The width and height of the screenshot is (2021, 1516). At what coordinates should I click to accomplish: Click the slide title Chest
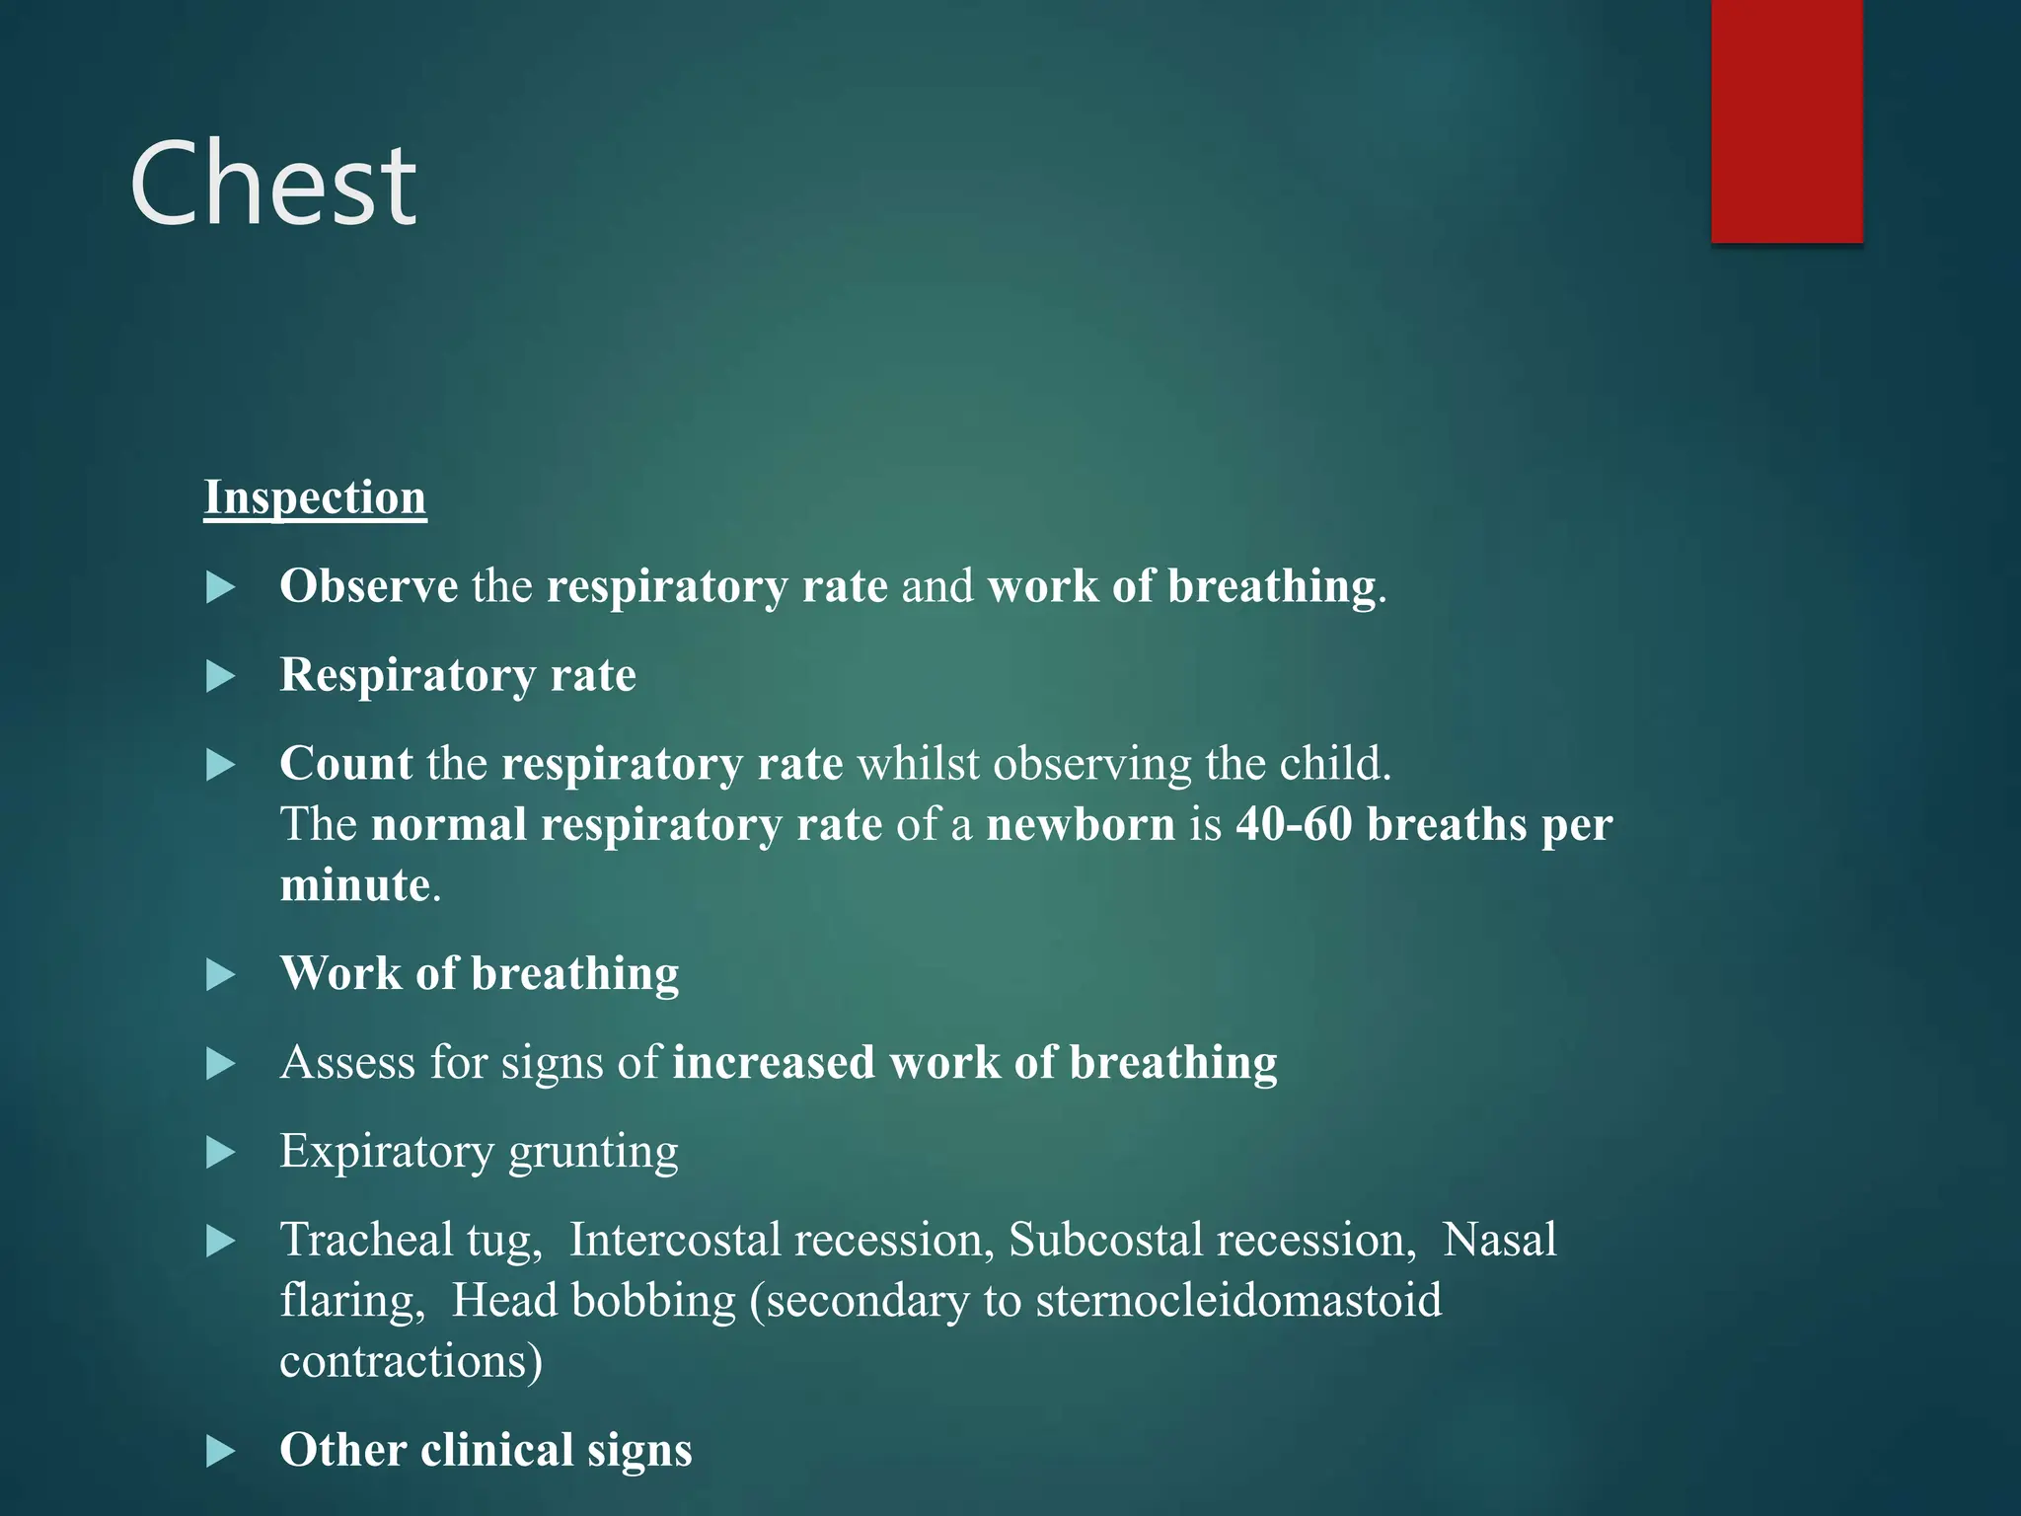[x=273, y=186]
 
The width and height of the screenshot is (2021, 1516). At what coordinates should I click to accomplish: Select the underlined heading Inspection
[x=315, y=497]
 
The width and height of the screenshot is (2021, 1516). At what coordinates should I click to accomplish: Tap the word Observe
[x=368, y=586]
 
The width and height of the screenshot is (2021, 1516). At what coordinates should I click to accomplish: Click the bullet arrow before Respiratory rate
[x=221, y=677]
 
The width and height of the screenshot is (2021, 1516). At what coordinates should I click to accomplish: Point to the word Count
[x=345, y=764]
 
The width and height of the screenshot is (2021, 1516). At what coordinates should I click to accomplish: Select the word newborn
[x=1081, y=824]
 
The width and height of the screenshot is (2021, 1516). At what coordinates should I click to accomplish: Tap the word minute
[x=355, y=884]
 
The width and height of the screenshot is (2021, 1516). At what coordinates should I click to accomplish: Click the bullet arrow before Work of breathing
[x=221, y=975]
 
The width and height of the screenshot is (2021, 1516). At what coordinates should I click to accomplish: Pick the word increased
[x=774, y=1063]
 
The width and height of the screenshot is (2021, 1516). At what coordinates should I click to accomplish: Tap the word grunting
[x=593, y=1152]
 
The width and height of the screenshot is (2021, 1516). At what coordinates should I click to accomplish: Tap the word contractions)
[x=411, y=1362]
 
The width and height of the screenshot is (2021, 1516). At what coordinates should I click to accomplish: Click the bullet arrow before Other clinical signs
[x=221, y=1452]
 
